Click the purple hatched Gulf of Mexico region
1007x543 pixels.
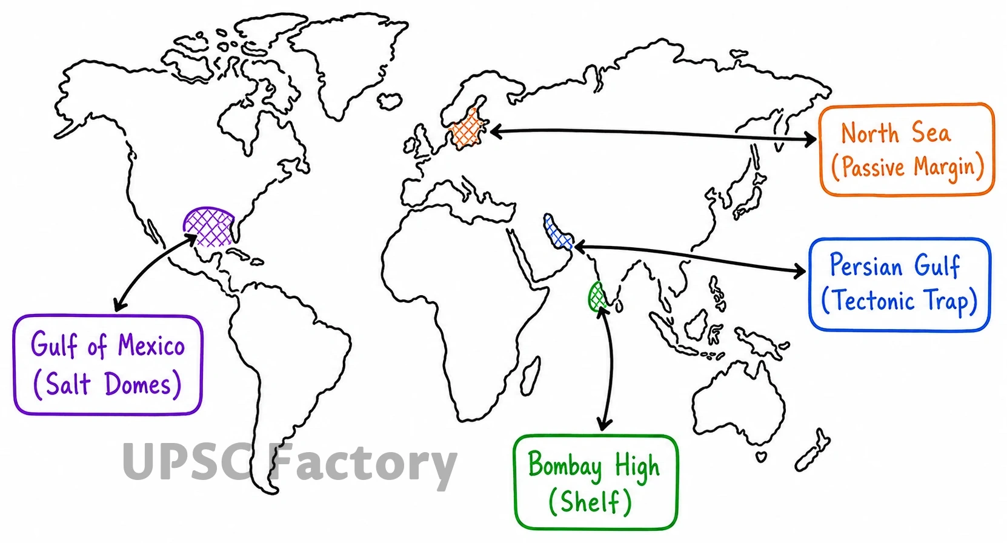(208, 227)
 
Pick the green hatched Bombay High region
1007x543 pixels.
(597, 297)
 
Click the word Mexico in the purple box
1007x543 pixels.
(151, 345)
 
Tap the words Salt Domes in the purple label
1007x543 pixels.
(108, 384)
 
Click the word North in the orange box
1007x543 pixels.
(870, 133)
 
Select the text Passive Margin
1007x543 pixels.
(908, 168)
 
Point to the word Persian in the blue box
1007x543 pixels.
(866, 265)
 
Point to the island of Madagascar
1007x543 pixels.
(531, 375)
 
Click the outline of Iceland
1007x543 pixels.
(390, 101)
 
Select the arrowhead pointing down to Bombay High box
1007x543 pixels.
(604, 424)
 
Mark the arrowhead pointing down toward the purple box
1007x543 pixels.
(119, 305)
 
